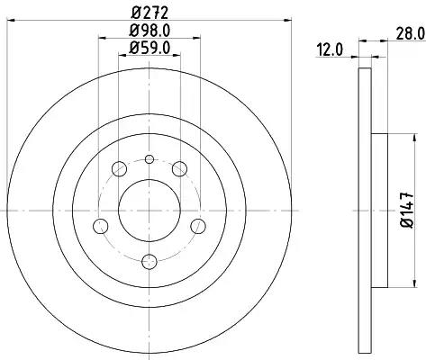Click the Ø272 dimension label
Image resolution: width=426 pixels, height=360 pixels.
pyautogui.click(x=150, y=13)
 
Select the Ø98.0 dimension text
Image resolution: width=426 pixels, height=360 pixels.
pyautogui.click(x=150, y=31)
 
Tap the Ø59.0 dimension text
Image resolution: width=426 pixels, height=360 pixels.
pyautogui.click(x=150, y=48)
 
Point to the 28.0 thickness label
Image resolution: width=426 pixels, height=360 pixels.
pyautogui.click(x=411, y=33)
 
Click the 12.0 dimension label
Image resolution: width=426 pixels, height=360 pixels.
pyautogui.click(x=330, y=50)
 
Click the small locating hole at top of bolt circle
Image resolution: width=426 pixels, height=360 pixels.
pyautogui.click(x=150, y=159)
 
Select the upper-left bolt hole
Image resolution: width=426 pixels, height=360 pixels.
pyautogui.click(x=119, y=169)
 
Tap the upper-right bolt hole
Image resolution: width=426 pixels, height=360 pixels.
pyautogui.click(x=179, y=168)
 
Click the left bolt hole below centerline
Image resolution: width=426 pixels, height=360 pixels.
pyautogui.click(x=101, y=226)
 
